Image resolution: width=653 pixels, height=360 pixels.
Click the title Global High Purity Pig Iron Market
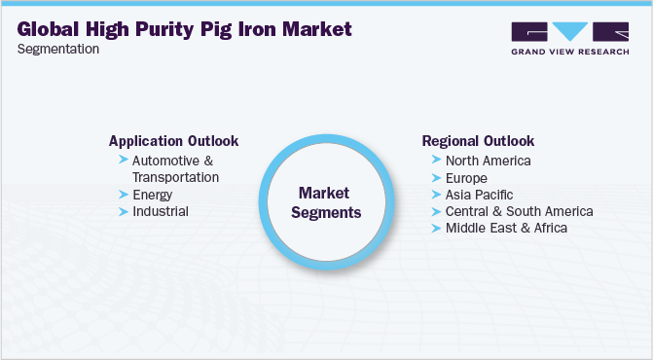185,29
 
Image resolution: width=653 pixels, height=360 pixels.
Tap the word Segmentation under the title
59,49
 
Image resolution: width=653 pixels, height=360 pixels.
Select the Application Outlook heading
173,140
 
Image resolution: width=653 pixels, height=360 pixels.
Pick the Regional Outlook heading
477,140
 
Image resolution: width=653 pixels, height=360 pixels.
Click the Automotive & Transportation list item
175,168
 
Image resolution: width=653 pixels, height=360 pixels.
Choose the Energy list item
154,194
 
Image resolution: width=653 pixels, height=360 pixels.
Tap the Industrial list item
161,210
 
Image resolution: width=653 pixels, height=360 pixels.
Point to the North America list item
488,161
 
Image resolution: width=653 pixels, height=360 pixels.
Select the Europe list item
465,178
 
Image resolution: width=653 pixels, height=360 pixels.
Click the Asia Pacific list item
479,195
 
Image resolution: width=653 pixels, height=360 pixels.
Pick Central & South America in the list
518,211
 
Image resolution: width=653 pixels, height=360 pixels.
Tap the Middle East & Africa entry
506,228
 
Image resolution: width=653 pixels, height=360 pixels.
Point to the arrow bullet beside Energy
123,194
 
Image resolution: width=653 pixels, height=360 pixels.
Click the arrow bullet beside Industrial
123,210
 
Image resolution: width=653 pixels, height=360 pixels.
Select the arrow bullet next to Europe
434,178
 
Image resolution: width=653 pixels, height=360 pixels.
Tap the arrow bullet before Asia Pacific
434,195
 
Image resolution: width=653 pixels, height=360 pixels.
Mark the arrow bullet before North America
434,161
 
